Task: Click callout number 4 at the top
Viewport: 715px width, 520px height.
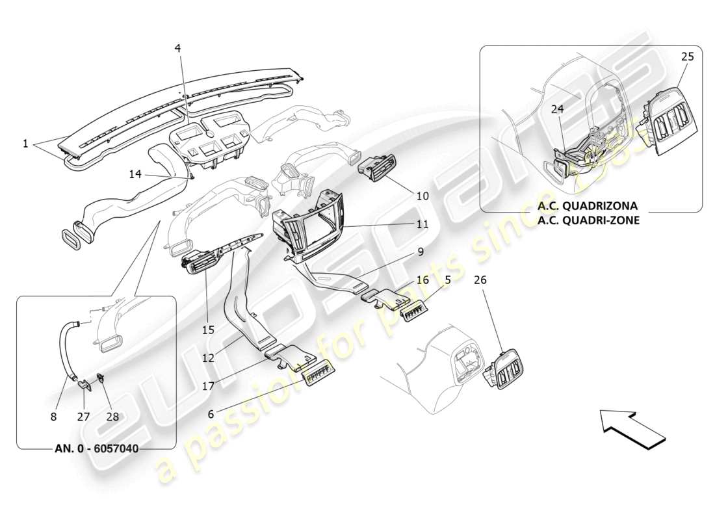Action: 177,48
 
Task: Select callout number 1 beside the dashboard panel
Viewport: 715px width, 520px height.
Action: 25,144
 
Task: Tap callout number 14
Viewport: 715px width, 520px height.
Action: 135,174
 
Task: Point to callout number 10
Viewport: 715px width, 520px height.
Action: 422,196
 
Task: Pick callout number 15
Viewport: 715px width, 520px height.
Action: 207,330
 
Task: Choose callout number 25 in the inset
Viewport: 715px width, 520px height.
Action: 687,57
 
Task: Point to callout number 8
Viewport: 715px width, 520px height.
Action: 54,416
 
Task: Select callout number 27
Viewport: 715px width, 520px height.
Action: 83,416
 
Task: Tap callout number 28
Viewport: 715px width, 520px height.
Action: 112,416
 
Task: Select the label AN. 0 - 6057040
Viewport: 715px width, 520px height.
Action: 96,448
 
